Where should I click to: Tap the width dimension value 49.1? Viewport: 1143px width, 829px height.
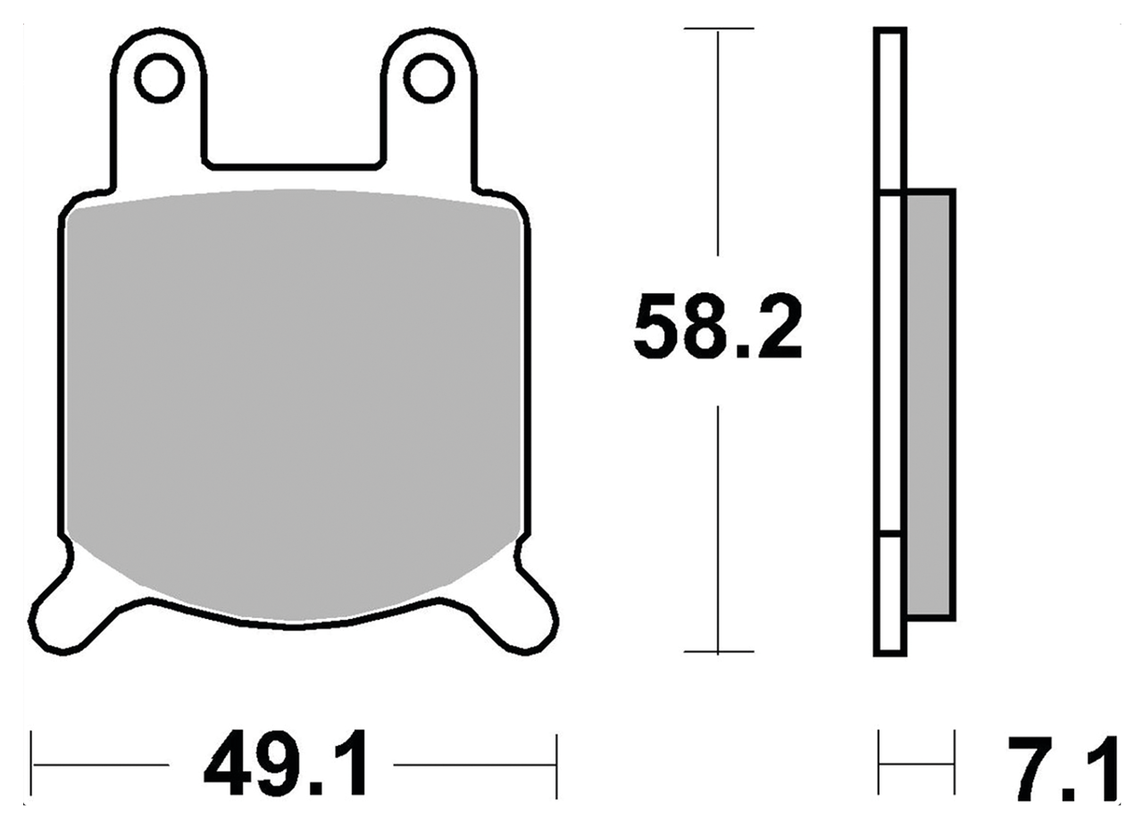pyautogui.click(x=284, y=766)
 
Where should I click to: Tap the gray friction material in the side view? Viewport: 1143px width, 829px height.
pyautogui.click(x=930, y=402)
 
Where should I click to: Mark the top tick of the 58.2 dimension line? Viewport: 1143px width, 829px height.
pyautogui.click(x=718, y=29)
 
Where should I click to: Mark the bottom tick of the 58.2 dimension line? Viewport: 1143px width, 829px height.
pyautogui.click(x=718, y=652)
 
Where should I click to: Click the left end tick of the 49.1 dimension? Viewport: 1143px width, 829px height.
pyautogui.click(x=32, y=766)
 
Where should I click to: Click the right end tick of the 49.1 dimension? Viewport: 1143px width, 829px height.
pyautogui.click(x=556, y=766)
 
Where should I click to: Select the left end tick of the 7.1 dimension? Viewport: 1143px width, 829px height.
pyautogui.click(x=880, y=764)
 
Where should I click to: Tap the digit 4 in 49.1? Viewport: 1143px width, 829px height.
pyautogui.click(x=229, y=766)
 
